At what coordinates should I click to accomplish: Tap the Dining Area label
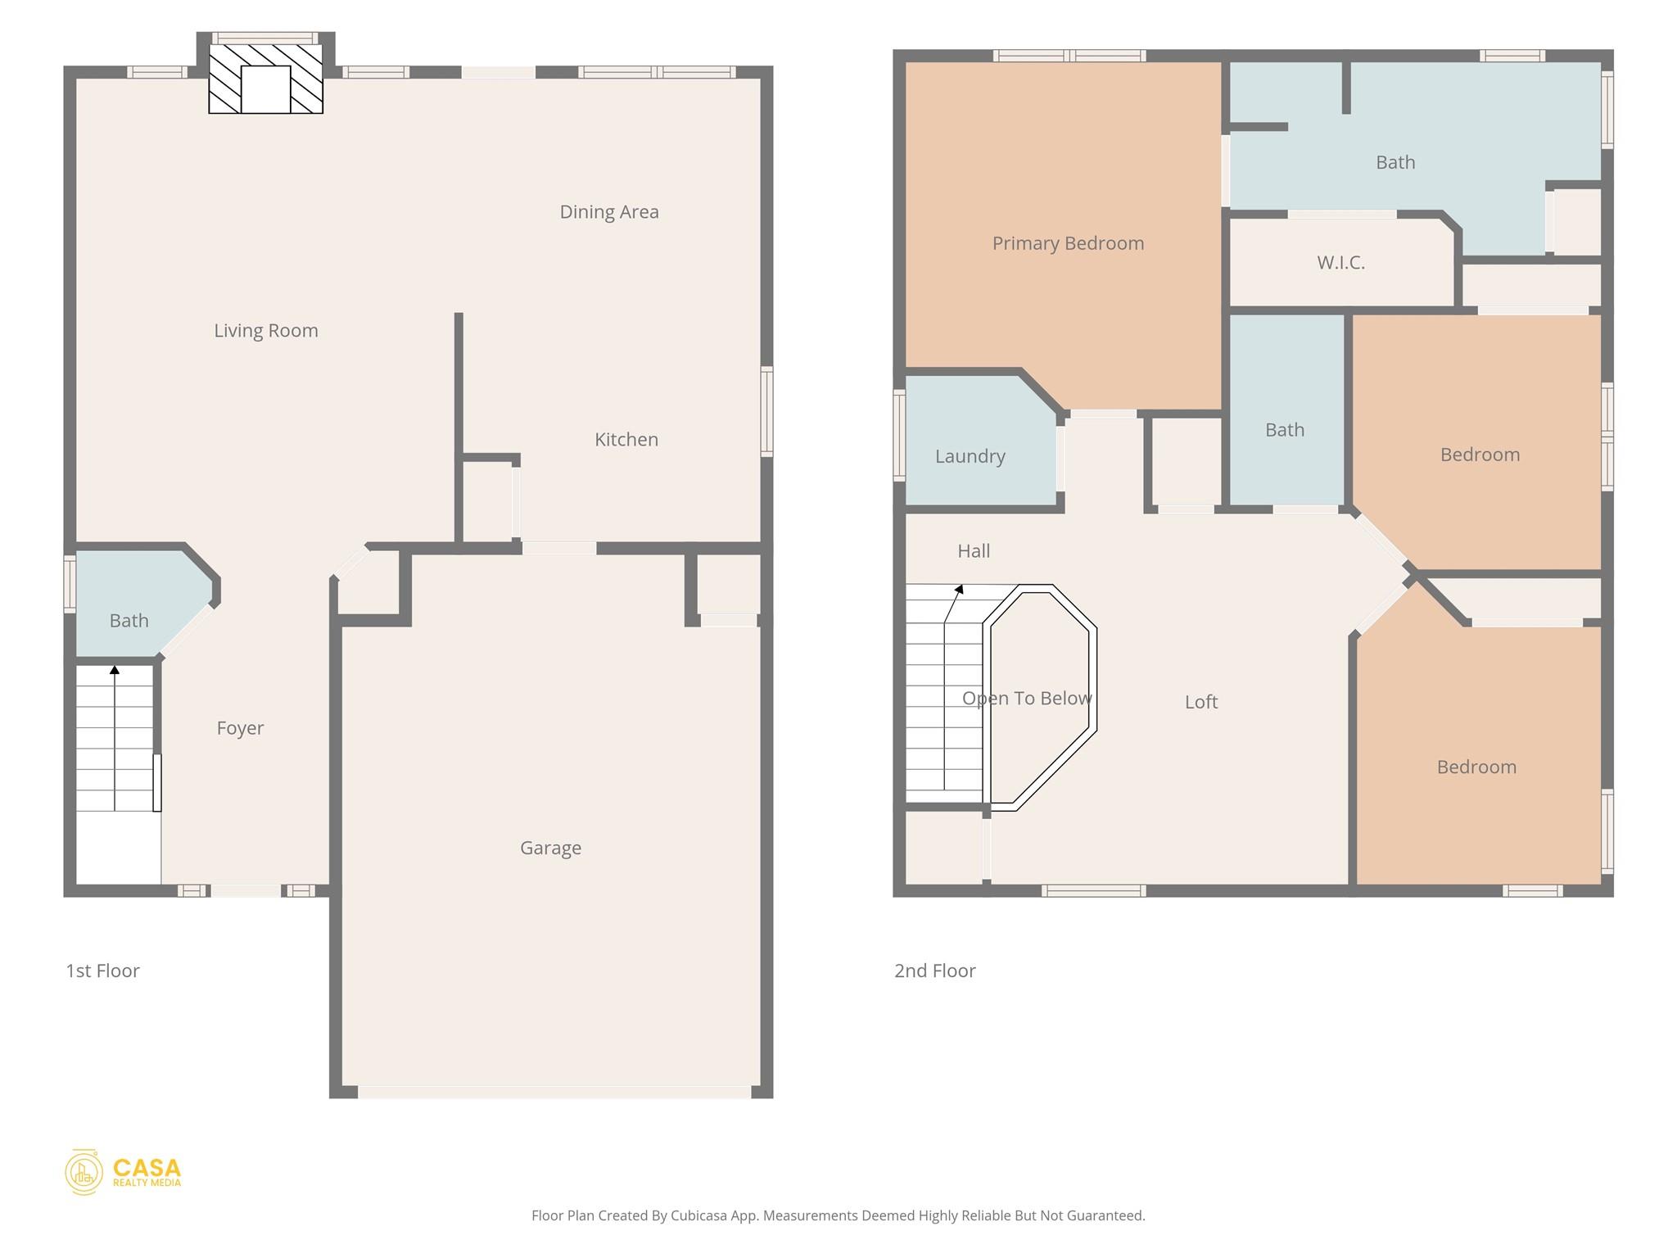click(608, 212)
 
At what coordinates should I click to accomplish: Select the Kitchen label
click(626, 440)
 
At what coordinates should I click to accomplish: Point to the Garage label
click(550, 848)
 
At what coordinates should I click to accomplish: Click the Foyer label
click(240, 728)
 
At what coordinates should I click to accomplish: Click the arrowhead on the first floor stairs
click(115, 670)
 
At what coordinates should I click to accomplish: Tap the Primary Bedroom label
click(1068, 243)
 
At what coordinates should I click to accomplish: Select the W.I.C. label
click(1340, 263)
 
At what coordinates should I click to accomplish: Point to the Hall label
click(974, 551)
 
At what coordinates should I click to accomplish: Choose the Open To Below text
click(1026, 699)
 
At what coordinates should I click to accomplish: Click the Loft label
click(1200, 702)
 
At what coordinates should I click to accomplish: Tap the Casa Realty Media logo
click(124, 1172)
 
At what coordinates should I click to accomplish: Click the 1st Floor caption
click(102, 971)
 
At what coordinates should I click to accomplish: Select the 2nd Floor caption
click(934, 971)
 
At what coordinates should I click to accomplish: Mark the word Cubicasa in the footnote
click(700, 1215)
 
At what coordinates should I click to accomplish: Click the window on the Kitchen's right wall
click(766, 411)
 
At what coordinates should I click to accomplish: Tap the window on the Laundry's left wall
click(898, 435)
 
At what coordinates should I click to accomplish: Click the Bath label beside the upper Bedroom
click(1284, 430)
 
